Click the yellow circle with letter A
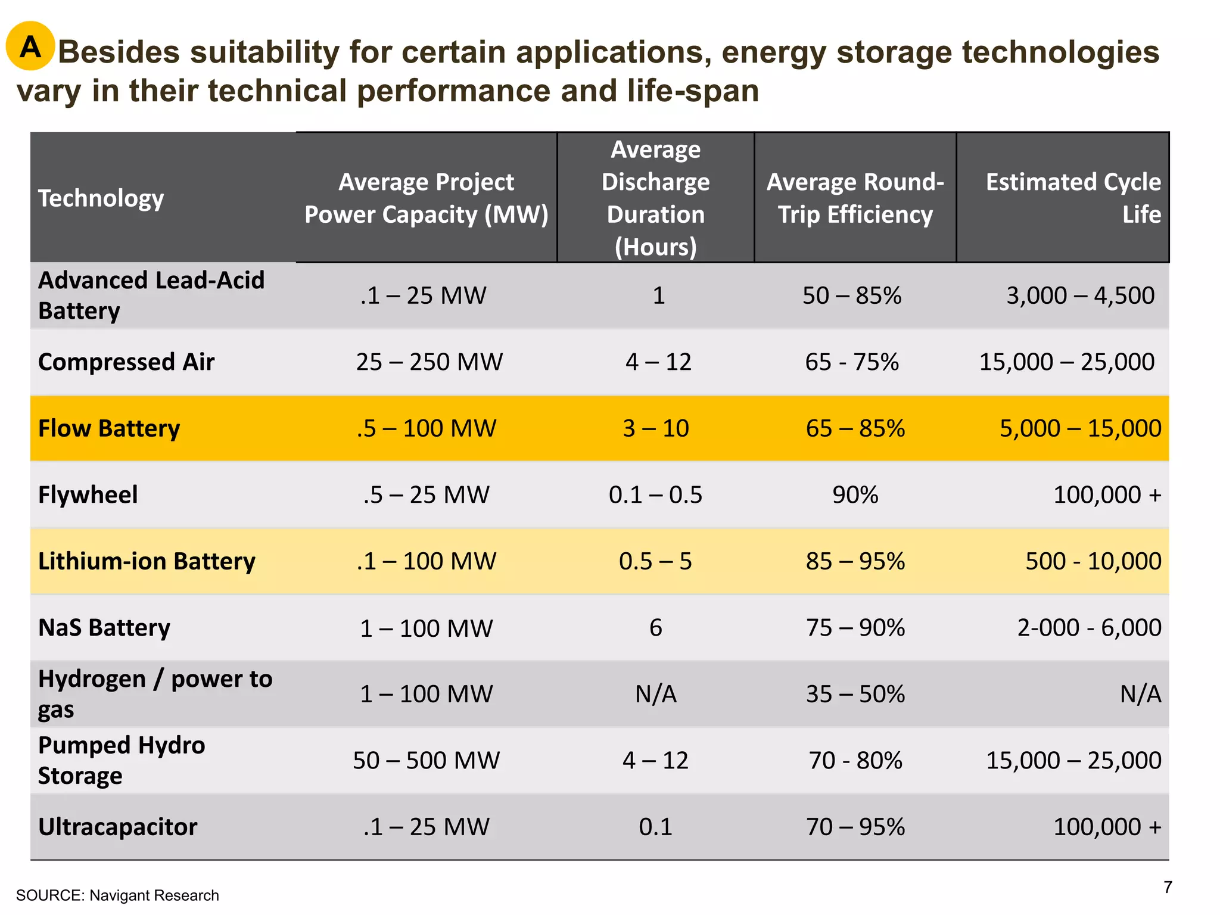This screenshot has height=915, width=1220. coord(30,46)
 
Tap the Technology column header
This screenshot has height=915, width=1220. coord(101,198)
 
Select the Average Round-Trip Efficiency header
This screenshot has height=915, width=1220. coord(855,198)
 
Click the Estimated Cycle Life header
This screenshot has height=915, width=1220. coord(1073,198)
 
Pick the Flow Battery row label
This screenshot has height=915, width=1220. coord(109,428)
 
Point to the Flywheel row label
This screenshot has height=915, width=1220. coord(88,495)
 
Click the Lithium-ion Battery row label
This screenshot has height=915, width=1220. coord(147,561)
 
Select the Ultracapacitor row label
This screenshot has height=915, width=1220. coord(117,827)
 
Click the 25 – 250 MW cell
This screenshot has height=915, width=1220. coord(429,362)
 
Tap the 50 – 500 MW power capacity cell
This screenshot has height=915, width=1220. coord(426,760)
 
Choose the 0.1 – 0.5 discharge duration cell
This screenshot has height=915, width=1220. coord(655,495)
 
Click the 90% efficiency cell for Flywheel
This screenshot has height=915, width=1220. coord(855,495)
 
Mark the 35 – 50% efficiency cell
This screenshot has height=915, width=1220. coord(855,694)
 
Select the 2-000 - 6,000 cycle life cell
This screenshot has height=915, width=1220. coord(1089,628)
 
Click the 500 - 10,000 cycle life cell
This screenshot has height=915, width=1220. coord(1093,561)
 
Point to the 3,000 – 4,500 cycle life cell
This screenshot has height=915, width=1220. coord(1080,295)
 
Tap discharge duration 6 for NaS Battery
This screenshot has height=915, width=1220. coord(655,628)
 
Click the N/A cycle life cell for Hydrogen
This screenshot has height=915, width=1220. coord(1140,694)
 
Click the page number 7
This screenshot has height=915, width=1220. coord(1168,888)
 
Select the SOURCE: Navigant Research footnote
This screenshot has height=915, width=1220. coord(117,895)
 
